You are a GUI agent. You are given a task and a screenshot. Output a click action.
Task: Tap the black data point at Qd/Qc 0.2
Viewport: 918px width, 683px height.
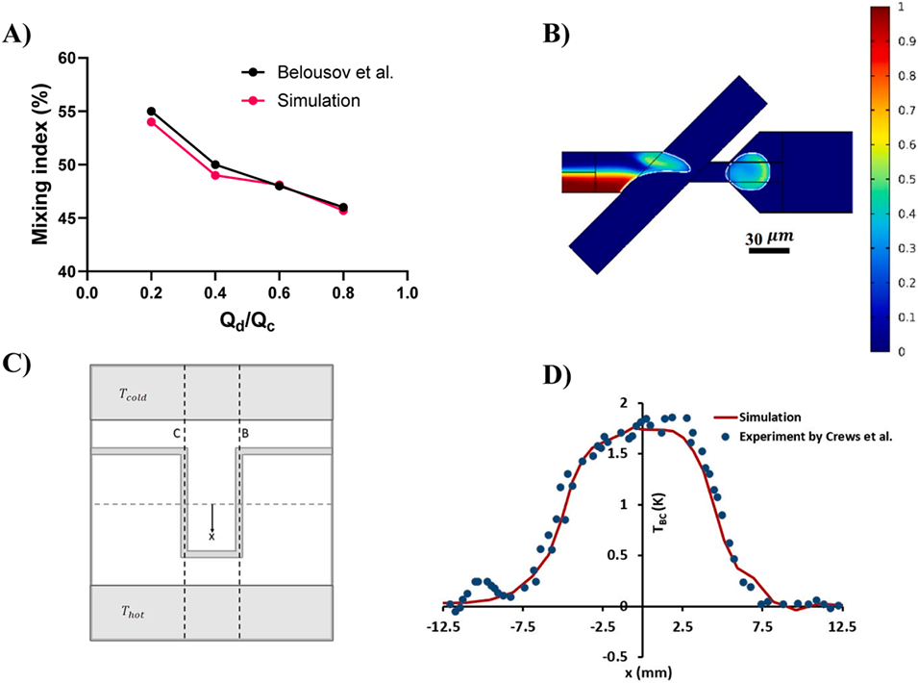[x=151, y=112]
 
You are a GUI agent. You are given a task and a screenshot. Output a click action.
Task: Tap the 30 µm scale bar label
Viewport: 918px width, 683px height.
[x=774, y=237]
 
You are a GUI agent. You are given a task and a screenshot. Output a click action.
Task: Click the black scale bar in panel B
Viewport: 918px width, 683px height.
[x=769, y=251]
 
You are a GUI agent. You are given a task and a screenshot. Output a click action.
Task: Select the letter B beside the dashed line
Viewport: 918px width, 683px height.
[x=247, y=435]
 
